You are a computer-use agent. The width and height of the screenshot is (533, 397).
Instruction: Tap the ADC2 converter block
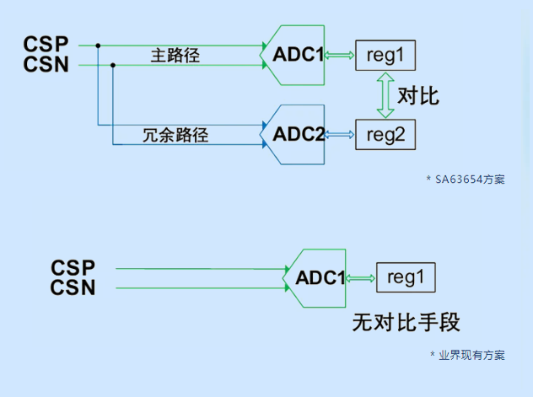tap(296, 134)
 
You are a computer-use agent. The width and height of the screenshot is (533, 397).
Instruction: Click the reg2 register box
tap(385, 134)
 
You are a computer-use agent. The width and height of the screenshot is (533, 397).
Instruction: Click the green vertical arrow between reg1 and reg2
tap(385, 94)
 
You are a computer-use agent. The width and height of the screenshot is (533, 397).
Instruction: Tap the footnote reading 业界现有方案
tap(471, 355)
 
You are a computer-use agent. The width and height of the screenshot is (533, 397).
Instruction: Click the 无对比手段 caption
tap(406, 322)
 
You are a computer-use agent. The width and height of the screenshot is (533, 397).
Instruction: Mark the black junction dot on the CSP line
tap(99, 45)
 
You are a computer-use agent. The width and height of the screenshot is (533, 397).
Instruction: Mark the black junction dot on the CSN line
tap(113, 65)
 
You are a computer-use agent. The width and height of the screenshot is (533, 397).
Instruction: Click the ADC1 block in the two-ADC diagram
tap(296, 55)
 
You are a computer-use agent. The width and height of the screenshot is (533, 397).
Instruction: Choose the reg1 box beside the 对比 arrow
tap(385, 55)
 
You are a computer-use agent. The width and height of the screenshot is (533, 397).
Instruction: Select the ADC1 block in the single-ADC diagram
tap(319, 277)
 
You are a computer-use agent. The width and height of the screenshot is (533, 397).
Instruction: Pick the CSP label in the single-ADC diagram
tap(73, 268)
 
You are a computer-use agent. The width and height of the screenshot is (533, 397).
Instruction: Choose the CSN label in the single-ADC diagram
tap(73, 288)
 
